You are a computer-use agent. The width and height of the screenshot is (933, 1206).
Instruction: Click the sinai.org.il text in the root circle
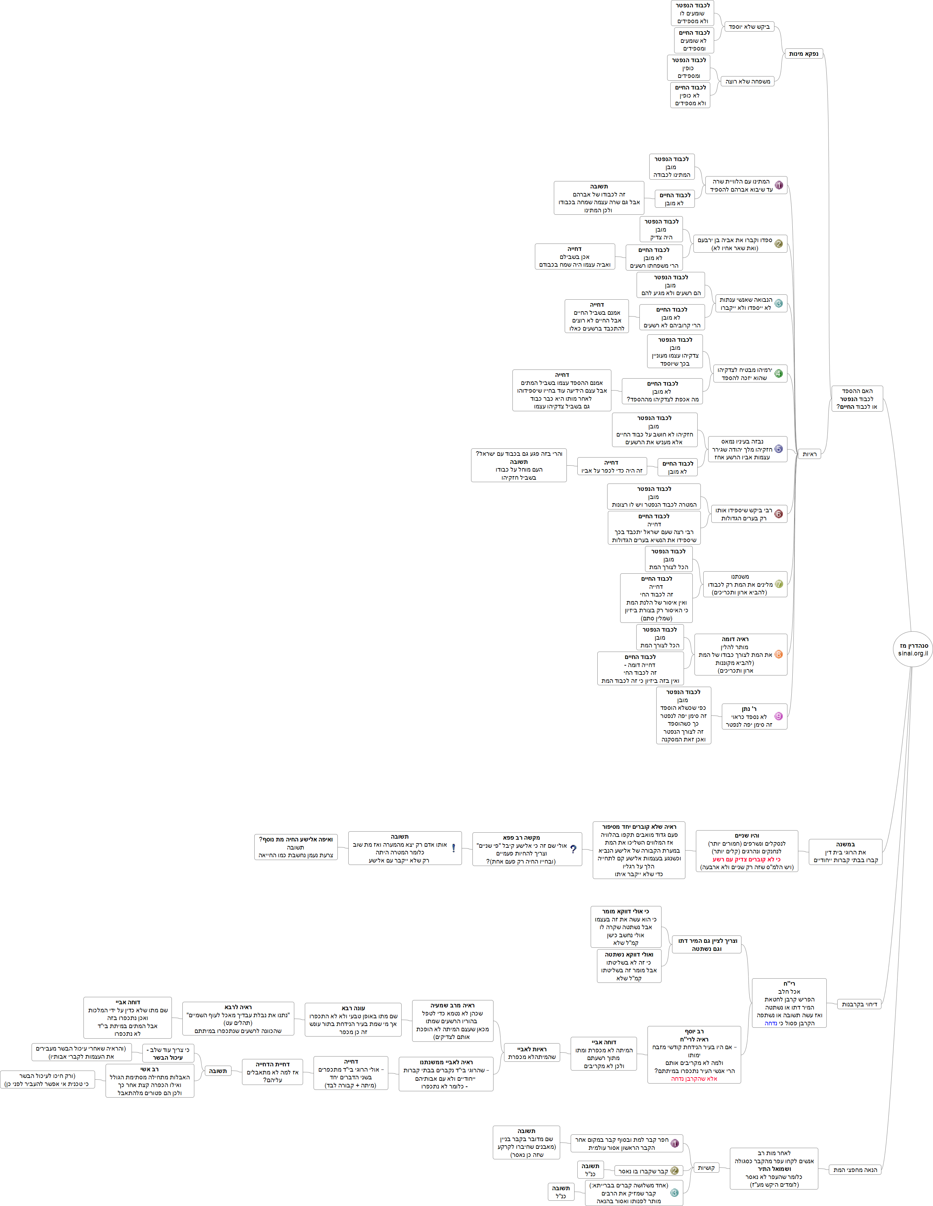pos(913,653)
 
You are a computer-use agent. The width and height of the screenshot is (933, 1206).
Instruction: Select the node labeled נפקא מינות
pos(803,54)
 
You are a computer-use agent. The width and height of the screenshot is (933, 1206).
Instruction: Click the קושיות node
pos(706,1167)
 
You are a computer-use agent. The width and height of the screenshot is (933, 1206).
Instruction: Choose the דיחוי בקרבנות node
pos(859,1004)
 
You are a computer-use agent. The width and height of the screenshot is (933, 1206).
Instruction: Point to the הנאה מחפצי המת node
pos(854,1170)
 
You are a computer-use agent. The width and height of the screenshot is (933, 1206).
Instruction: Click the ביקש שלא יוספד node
pos(749,27)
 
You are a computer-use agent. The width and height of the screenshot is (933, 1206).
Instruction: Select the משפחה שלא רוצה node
pos(747,81)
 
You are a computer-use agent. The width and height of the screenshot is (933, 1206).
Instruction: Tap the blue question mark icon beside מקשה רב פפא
pos(573,849)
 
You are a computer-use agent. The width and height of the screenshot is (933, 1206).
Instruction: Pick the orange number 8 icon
pos(778,654)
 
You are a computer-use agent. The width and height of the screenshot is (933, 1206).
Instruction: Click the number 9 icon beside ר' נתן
pos(778,716)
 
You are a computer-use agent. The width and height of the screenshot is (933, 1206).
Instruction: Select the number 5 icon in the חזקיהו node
pos(778,449)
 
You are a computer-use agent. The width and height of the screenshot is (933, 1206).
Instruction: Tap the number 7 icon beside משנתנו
pos(778,584)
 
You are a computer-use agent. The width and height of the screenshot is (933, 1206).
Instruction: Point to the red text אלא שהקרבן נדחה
pos(694,1078)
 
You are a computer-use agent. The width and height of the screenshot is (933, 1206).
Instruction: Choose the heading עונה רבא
pos(353,1008)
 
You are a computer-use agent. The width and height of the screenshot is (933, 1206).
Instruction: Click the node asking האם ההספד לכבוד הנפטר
pos(857,399)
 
